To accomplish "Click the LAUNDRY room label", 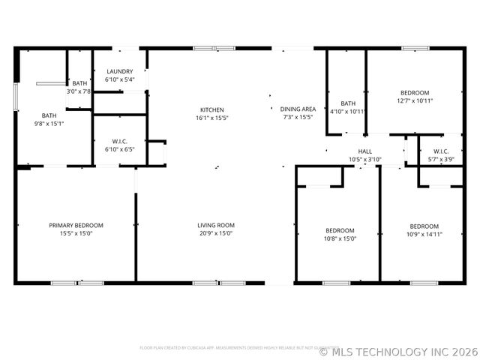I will click(120, 71).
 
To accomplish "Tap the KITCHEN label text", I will click(211, 109).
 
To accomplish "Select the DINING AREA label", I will click(298, 109).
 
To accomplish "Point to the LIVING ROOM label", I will click(216, 225).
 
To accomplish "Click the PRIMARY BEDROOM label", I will click(76, 225).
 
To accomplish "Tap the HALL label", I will click(365, 151).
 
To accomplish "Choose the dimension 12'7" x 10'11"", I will click(415, 100).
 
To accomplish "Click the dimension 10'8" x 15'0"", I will click(340, 238).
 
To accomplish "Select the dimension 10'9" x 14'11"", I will click(424, 234).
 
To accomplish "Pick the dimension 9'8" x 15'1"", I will click(49, 123).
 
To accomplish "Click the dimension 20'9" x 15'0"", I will click(216, 233).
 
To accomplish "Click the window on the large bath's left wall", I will click(16, 97).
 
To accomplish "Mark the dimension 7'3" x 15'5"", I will click(298, 117).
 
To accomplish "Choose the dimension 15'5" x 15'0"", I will click(76, 233).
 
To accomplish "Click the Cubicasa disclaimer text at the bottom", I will click(229, 348).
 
